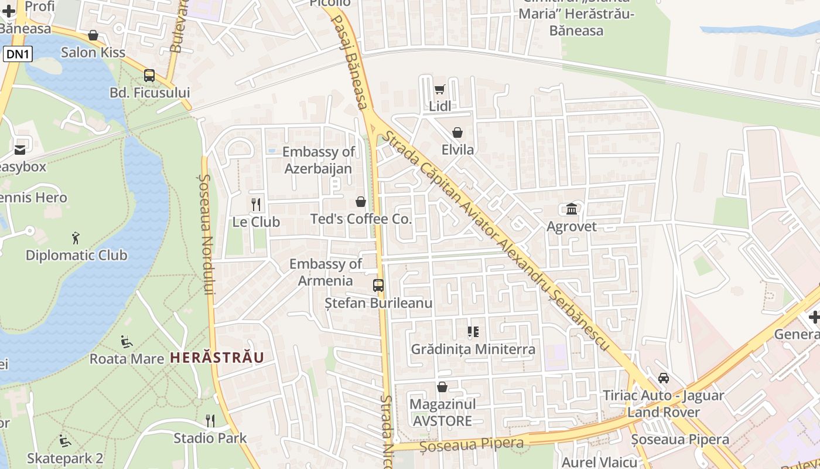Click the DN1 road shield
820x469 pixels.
[x=18, y=55]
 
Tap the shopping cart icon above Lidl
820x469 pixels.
[x=440, y=90]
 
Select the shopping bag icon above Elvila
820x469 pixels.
[x=457, y=132]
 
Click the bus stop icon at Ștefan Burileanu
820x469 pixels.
[x=378, y=286]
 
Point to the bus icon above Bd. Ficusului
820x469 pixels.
[x=149, y=75]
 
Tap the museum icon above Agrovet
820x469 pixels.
[x=572, y=209]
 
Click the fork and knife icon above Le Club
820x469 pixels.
[x=256, y=205]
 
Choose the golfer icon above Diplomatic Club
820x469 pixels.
[x=75, y=238]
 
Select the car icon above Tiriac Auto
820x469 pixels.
[x=664, y=378]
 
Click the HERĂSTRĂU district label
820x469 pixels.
[x=217, y=357]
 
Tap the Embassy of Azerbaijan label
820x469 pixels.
[x=318, y=160]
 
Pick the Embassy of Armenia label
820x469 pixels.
[x=326, y=272]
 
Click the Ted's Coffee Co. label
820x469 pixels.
[x=361, y=219]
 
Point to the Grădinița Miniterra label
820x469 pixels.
[x=473, y=349]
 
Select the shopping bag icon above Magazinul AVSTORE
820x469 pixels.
[x=442, y=387]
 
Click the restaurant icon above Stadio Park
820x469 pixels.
[x=210, y=420]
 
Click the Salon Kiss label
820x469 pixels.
[x=93, y=52]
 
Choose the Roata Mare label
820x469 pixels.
[x=127, y=359]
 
